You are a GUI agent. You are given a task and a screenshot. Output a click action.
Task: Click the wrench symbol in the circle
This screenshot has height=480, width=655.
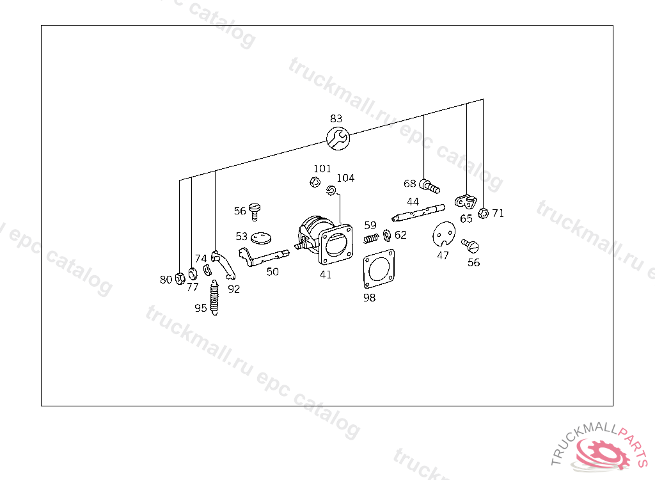pyautogui.click(x=338, y=138)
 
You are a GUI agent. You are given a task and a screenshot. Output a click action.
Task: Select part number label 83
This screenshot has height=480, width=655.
pyautogui.click(x=336, y=119)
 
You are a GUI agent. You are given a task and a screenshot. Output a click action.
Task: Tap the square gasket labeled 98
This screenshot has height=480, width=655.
pyautogui.click(x=379, y=268)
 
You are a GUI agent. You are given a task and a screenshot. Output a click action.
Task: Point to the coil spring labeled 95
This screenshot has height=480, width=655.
pyautogui.click(x=214, y=298)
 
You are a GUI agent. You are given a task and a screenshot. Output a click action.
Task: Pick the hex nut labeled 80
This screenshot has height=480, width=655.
pyautogui.click(x=180, y=278)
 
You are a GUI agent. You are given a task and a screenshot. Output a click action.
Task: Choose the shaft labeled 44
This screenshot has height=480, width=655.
pyautogui.click(x=418, y=212)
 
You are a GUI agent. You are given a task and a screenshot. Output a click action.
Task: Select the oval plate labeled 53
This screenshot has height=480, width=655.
pyautogui.click(x=262, y=238)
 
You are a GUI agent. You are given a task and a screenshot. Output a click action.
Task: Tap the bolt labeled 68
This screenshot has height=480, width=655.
pyautogui.click(x=429, y=186)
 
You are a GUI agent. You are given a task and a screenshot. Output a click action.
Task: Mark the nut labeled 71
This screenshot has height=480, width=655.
pyautogui.click(x=484, y=213)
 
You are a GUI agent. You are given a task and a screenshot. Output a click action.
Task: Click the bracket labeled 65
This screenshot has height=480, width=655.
pyautogui.click(x=466, y=202)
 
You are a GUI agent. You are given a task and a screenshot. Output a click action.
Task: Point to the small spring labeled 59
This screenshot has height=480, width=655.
pyautogui.click(x=371, y=238)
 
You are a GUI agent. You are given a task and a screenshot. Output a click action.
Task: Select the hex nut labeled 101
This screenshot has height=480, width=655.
pyautogui.click(x=315, y=182)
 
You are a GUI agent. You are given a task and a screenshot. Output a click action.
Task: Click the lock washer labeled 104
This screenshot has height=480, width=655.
pyautogui.click(x=331, y=191)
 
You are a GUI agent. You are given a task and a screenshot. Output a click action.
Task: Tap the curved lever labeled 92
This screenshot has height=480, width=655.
pyautogui.click(x=223, y=264)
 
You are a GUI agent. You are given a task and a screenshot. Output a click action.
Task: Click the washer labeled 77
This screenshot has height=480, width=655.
pyautogui.click(x=193, y=274)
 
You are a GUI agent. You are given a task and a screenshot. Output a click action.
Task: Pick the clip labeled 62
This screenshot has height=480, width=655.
pyautogui.click(x=387, y=236)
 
